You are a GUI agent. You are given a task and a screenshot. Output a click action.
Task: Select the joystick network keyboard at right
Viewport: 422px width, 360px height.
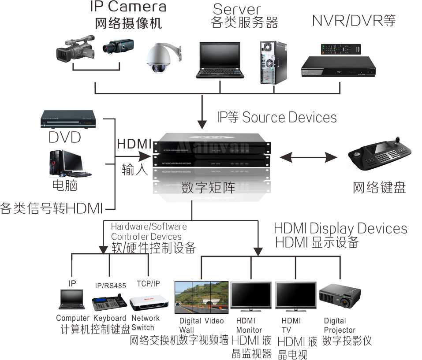pos(381,155)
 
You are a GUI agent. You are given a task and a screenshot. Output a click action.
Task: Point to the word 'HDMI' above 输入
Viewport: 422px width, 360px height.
pos(134,144)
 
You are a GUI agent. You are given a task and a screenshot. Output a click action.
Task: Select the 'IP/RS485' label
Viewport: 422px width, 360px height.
pos(111,286)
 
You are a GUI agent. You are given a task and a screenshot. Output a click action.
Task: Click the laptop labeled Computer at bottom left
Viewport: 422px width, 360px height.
pos(71,300)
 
